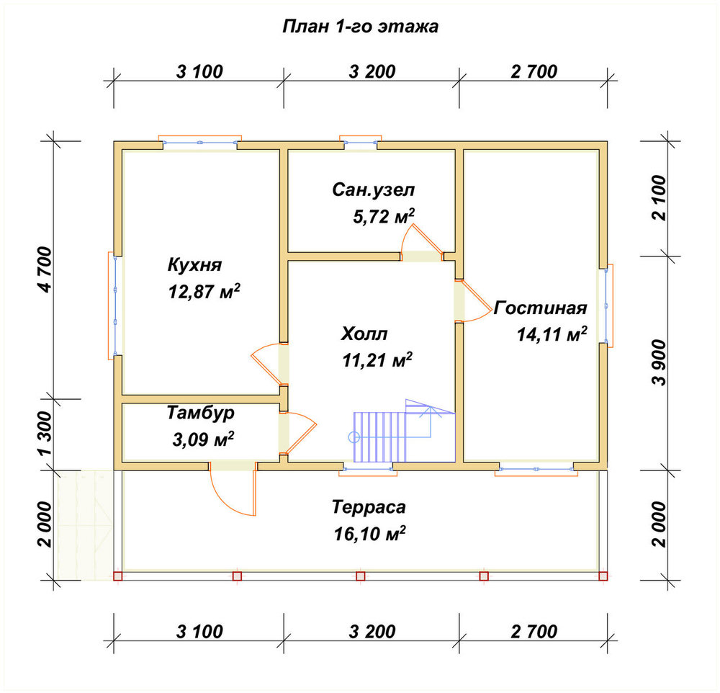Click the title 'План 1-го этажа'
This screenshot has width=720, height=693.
(x=360, y=26)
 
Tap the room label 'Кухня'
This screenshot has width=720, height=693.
(x=194, y=264)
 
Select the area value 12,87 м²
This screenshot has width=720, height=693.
(x=204, y=291)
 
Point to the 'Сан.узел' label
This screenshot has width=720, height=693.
(x=373, y=189)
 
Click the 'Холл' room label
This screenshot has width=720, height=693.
(x=364, y=334)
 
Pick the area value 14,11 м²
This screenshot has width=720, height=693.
(x=552, y=334)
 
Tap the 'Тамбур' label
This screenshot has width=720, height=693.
(x=200, y=413)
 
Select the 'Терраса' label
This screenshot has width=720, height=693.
(x=369, y=507)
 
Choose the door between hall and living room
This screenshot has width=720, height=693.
(x=473, y=300)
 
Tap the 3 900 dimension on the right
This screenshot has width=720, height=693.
(x=659, y=362)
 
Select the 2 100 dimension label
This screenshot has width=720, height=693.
(x=659, y=198)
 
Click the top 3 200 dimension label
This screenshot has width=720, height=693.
(x=372, y=72)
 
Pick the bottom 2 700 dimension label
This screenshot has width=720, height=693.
(x=534, y=632)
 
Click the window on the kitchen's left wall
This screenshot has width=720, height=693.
(x=115, y=305)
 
